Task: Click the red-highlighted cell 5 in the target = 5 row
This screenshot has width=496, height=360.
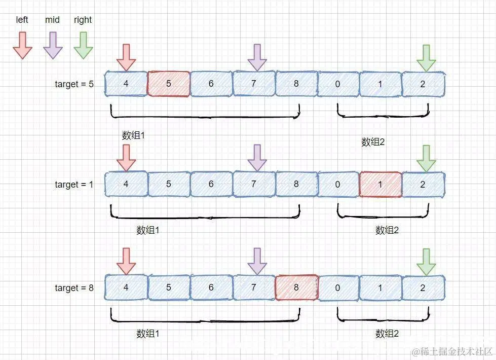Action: point(169,84)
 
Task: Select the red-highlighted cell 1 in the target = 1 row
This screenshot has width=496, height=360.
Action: point(380,185)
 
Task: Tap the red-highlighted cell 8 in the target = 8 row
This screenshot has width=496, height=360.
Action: point(296,287)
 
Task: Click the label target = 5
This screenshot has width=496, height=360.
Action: point(74,84)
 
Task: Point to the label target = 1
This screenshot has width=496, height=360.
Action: point(74,185)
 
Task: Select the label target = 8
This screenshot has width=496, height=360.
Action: point(74,288)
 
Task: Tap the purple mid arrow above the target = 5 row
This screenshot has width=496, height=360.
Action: point(257,57)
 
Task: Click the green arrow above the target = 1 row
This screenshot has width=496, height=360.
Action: point(426,158)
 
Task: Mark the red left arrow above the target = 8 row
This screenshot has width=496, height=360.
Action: point(126,261)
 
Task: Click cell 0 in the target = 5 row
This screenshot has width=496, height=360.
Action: point(338,84)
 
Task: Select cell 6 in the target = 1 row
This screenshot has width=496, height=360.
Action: point(211,185)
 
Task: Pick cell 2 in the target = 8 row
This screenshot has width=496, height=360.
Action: point(423,287)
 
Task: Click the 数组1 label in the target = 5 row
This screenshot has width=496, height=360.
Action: point(134,135)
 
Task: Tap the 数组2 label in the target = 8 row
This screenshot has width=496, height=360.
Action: point(387,334)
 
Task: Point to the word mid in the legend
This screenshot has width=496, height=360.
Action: point(52,20)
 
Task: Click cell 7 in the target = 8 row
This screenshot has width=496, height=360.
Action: point(254,287)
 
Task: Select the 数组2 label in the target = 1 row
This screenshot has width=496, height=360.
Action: point(387,230)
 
